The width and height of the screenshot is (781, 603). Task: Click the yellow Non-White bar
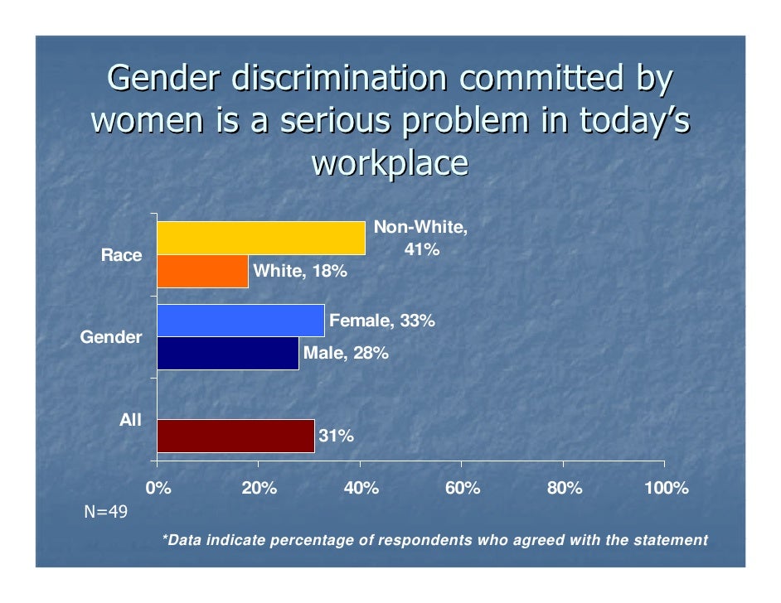260,239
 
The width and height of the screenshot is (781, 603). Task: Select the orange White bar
202,272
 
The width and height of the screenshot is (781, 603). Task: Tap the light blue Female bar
240,321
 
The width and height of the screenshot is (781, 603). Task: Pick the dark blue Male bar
227,353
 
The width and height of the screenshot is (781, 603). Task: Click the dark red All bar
235,436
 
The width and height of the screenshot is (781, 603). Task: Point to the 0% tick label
158,488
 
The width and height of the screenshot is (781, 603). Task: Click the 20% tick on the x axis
258,488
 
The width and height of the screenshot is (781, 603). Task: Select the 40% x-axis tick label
361,488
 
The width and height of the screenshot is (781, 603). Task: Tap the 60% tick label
462,488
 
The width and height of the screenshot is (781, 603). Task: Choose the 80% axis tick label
564,488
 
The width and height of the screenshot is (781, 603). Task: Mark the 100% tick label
666,488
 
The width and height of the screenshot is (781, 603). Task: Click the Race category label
121,255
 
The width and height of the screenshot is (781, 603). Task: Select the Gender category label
110,337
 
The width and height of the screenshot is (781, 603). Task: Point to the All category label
130,420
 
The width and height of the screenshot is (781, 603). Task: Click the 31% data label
337,436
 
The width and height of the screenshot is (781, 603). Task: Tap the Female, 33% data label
381,321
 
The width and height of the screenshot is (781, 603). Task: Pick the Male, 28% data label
346,354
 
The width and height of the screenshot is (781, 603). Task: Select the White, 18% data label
299,272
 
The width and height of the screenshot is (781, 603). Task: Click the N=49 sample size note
106,512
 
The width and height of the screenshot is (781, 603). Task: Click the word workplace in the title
390,163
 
